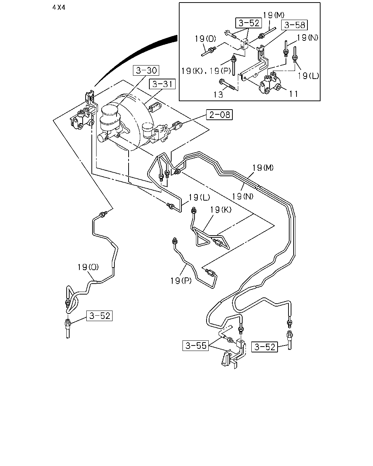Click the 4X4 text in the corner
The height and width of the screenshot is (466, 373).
coord(59,8)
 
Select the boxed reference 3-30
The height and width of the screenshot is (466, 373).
coord(146,70)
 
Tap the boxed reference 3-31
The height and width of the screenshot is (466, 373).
coord(162,84)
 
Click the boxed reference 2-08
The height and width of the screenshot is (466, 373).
coord(219,115)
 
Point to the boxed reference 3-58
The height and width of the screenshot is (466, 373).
coord(295,25)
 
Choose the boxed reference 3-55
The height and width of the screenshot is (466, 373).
coord(196,345)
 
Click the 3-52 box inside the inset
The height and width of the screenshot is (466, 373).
coord(249,23)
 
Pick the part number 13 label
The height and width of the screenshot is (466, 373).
coord(218,94)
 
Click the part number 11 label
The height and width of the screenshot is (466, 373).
coord(294,94)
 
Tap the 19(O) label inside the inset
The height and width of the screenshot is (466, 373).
coord(205,39)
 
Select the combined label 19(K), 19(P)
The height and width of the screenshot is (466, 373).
coord(206,71)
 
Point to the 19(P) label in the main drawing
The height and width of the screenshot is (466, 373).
coord(181,281)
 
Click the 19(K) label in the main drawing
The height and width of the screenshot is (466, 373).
coord(221,210)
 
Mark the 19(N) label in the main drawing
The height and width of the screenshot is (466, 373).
coord(243,196)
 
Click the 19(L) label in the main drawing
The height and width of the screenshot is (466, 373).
coord(199,197)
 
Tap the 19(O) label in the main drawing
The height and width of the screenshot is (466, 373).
coord(88,267)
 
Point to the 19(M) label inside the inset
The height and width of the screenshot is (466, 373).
coord(274,15)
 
